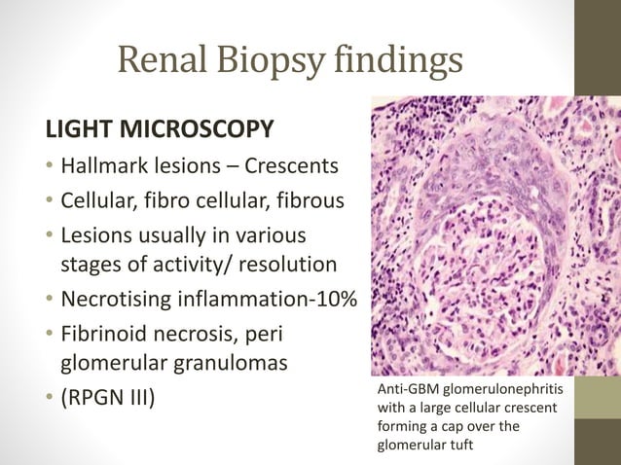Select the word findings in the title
pos(395,62)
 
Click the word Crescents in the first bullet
pos(293,166)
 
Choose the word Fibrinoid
pos(102,336)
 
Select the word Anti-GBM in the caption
pos(406,390)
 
